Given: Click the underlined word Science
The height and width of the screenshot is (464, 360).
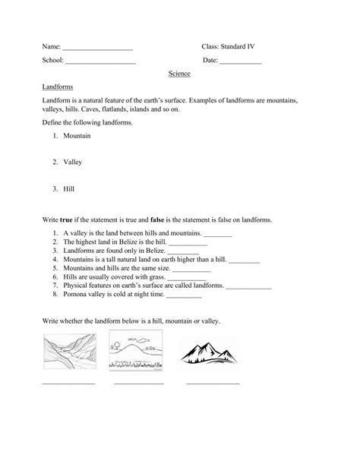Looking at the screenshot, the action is click(x=179, y=74).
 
